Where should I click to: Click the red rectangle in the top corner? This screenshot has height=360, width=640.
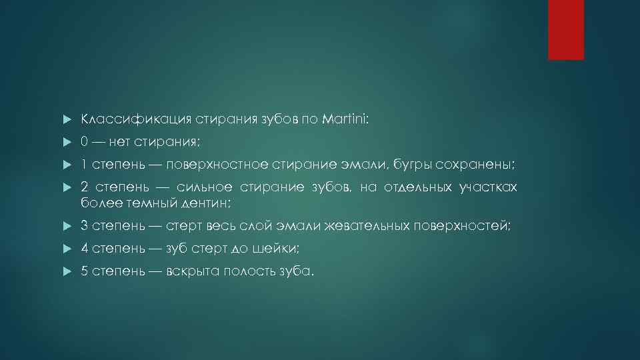pyautogui.click(x=565, y=29)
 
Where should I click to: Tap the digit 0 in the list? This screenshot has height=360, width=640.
pyautogui.click(x=85, y=142)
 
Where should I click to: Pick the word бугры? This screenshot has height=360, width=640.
pyautogui.click(x=411, y=165)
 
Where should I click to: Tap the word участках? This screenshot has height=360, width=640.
pyautogui.click(x=488, y=187)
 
